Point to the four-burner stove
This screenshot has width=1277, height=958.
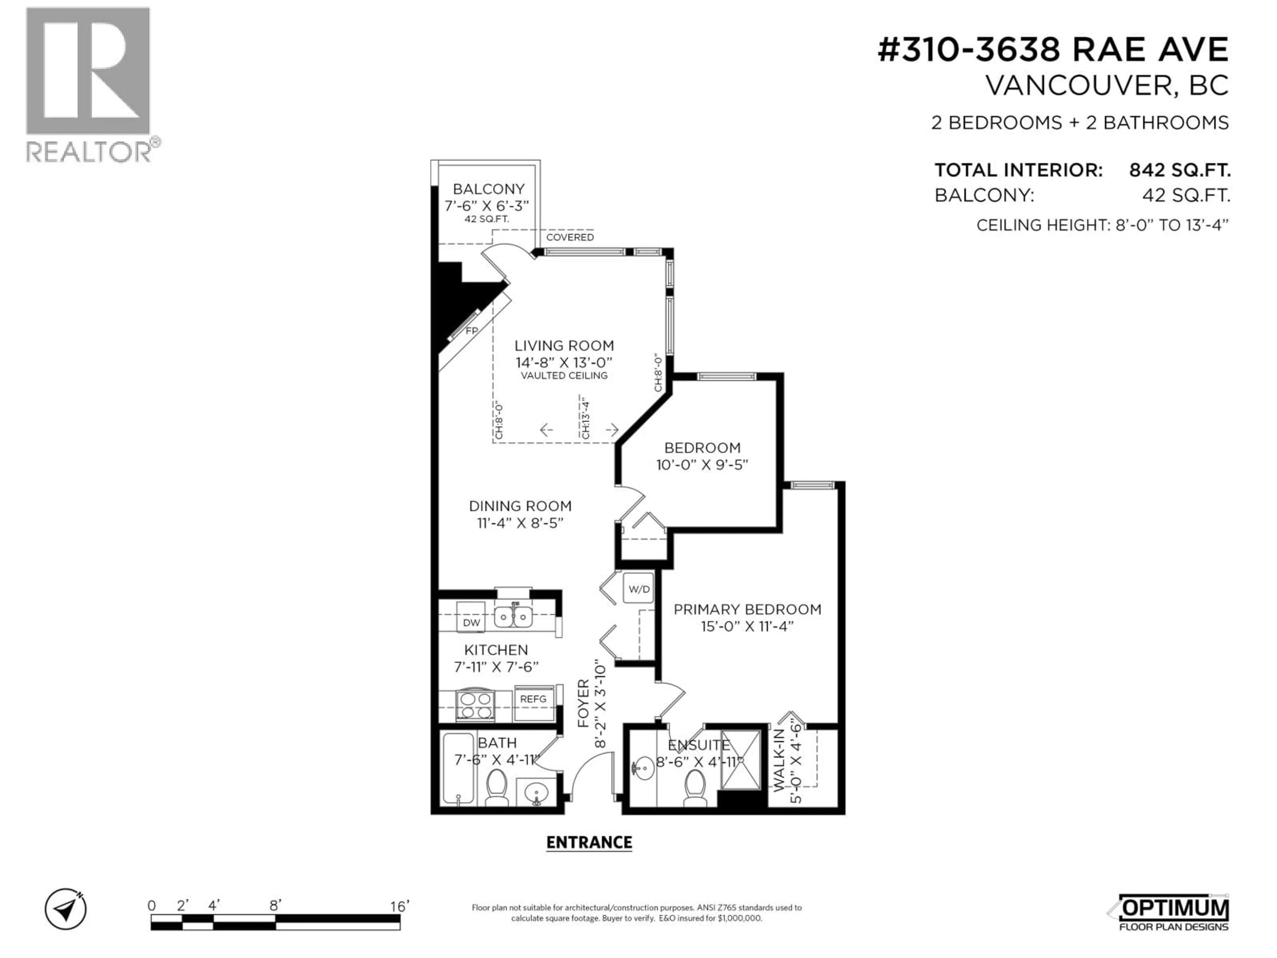pyautogui.click(x=475, y=706)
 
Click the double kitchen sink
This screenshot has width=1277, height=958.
pyautogui.click(x=513, y=616)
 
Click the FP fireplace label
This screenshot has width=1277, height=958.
pyautogui.click(x=472, y=331)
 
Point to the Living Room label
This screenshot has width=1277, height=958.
pyautogui.click(x=564, y=346)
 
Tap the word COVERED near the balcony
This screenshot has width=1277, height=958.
pyautogui.click(x=570, y=237)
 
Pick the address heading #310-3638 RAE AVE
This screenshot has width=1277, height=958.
pyautogui.click(x=1053, y=50)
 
